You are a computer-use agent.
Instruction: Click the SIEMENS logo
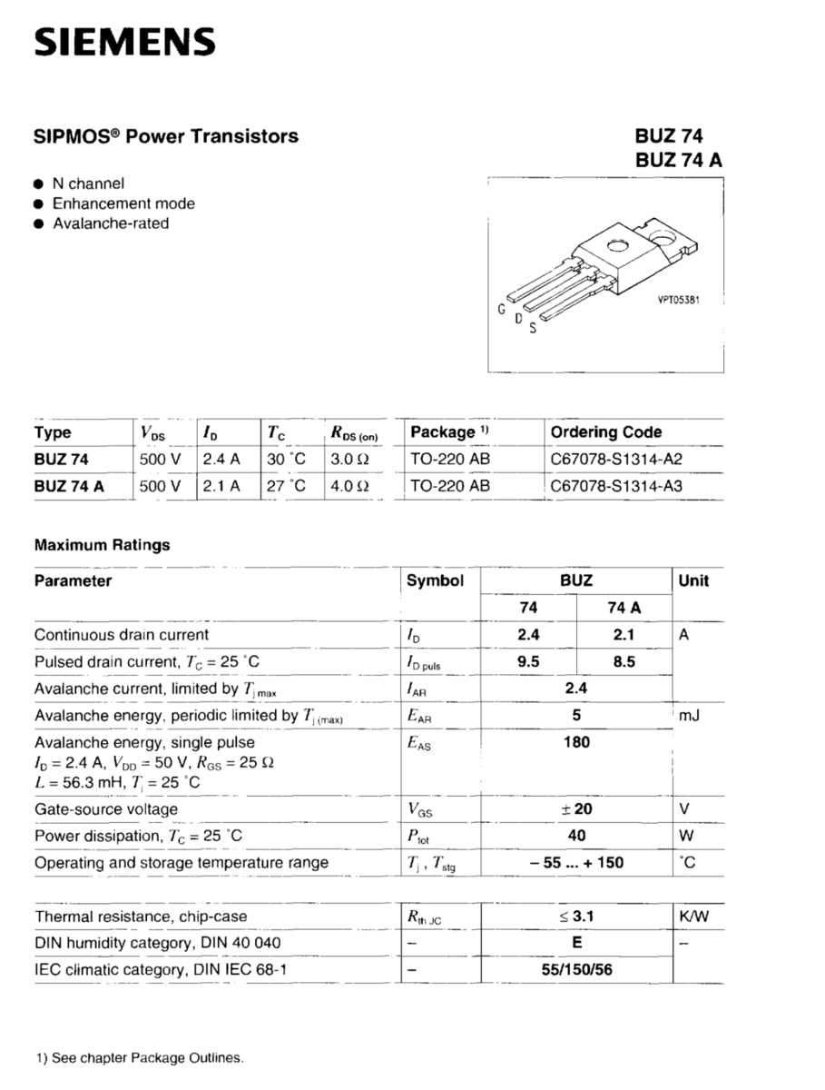[124, 42]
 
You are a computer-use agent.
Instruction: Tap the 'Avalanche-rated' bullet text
[110, 223]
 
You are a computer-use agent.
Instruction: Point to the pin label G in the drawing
[501, 310]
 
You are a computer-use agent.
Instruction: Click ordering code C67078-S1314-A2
[616, 460]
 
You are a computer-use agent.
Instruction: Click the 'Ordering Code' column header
[606, 432]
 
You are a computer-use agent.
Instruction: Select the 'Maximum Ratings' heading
[102, 546]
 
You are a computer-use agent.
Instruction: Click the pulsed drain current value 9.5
[527, 662]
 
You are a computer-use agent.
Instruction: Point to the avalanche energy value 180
[576, 742]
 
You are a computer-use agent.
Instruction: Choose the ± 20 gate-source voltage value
[576, 809]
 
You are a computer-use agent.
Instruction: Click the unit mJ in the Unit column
[689, 716]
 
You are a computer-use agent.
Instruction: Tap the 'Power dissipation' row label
[138, 836]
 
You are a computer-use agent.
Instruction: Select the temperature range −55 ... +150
[576, 863]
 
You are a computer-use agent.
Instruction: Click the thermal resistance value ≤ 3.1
[576, 917]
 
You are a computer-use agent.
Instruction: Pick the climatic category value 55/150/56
[576, 970]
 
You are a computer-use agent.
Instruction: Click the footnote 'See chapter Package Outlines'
[140, 1058]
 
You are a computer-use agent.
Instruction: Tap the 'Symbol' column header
[435, 581]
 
